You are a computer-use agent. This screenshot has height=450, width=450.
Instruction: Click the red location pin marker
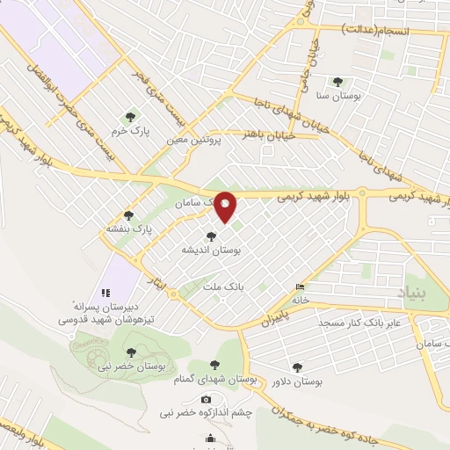coord(226,207)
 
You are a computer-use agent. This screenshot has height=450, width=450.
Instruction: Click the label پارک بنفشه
coord(130,229)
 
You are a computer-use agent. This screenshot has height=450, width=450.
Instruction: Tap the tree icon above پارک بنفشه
coord(129,214)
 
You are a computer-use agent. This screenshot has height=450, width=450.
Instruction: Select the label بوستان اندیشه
coord(211,250)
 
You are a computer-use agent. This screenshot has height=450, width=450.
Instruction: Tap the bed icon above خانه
coord(301,286)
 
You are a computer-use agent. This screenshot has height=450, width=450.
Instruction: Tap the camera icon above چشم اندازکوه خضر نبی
coord(207,399)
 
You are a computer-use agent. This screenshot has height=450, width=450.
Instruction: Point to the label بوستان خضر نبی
coord(127,363)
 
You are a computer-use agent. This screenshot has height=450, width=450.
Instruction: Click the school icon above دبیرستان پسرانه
coord(105,292)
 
